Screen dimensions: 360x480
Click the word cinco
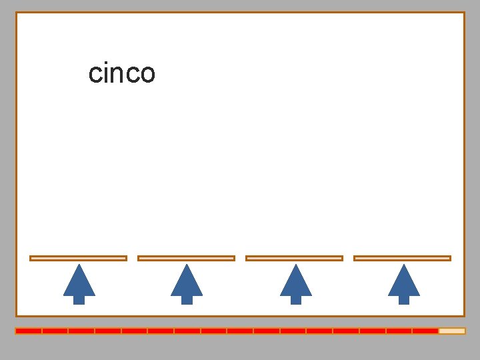(x=121, y=73)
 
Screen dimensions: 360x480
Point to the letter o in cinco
(x=147, y=74)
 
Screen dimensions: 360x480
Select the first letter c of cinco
(x=95, y=74)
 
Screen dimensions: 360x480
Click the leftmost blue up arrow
(x=79, y=283)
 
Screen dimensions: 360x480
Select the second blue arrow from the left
(x=187, y=283)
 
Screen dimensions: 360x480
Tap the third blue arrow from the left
(x=295, y=283)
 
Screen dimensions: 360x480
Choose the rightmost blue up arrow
(x=403, y=283)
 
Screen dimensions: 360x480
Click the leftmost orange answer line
(x=78, y=258)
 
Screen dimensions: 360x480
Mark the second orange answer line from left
(x=186, y=258)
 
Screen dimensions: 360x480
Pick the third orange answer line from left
(x=294, y=258)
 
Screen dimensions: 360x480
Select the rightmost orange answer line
(x=402, y=258)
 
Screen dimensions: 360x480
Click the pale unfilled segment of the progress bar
(x=451, y=331)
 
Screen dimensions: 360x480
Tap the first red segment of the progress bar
(x=29, y=331)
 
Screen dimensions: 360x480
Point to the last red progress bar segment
(x=425, y=331)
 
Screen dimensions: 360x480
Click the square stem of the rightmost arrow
(x=403, y=300)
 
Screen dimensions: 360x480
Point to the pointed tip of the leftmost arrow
(x=79, y=266)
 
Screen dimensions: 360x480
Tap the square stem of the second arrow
(x=187, y=300)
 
